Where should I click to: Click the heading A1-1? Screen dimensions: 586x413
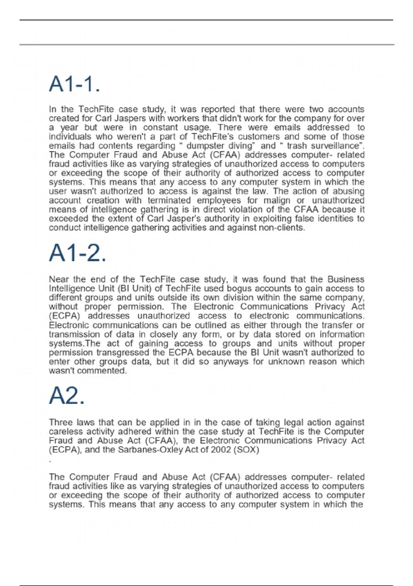coord(74,84)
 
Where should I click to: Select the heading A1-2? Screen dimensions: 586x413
coord(77,253)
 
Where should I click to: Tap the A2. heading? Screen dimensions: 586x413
coord(67,396)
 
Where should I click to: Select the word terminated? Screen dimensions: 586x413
coord(169,200)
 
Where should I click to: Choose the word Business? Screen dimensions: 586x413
coord(346,279)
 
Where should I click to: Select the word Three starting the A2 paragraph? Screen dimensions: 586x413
coord(61,423)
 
